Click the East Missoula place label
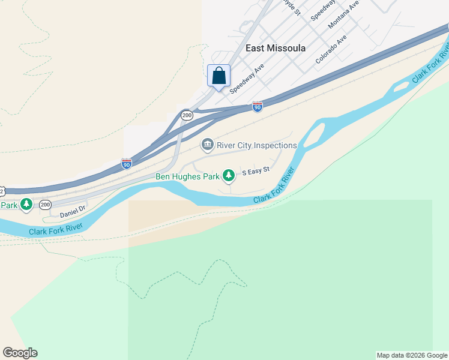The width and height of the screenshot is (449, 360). click(276, 48)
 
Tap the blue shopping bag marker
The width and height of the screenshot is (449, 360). click(219, 76)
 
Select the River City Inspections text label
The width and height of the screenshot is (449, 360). click(257, 145)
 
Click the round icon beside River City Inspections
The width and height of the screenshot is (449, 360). click(207, 145)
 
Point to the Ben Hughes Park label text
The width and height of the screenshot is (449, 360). click(187, 176)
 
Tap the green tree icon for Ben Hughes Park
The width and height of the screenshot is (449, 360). click(229, 175)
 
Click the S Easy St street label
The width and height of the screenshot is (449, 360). click(256, 172)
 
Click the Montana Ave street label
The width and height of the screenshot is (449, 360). click(343, 15)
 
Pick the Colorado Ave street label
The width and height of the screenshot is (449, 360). click(331, 49)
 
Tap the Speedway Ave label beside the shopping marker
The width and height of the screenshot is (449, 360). click(247, 79)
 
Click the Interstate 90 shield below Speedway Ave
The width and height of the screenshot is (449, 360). click(258, 107)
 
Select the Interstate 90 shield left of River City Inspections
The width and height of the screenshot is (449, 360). click(126, 164)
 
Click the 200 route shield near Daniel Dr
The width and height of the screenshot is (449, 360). click(46, 205)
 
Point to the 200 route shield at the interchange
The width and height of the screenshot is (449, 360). click(187, 115)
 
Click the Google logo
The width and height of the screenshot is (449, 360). click(20, 353)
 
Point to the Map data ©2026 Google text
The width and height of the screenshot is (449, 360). click(412, 355)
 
